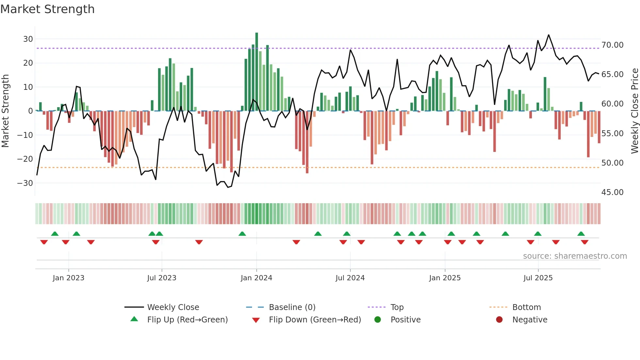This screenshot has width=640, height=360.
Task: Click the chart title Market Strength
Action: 47,9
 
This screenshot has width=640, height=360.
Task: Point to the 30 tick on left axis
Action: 28,39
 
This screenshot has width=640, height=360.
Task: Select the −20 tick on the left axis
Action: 25,159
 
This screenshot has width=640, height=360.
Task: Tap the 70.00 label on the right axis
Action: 612,45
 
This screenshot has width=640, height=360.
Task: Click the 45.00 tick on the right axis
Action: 612,192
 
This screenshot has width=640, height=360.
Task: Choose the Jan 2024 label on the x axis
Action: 256,278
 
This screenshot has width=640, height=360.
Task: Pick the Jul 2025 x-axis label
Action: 538,278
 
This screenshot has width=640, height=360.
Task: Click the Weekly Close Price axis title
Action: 634,111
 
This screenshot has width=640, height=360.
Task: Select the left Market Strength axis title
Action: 5,111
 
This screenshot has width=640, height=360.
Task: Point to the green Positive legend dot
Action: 377,320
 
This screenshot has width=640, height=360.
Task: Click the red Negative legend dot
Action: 499,320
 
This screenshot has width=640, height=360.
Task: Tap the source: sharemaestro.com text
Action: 575,256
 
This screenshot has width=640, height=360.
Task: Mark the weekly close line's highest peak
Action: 549,35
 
